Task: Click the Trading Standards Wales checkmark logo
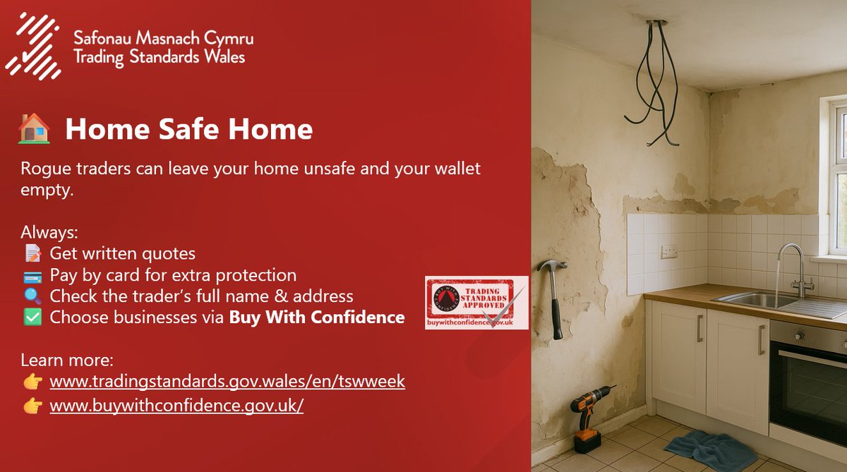pos(32,47)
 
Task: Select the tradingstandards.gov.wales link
pos(227,382)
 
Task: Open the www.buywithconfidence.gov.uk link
pos(176,407)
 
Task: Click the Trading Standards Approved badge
pos(476,302)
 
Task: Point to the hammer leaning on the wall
pos(553,296)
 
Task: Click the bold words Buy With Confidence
pos(316,317)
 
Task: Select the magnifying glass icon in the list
pos(32,296)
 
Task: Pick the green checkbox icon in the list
pos(32,317)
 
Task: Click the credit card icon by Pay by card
pos(32,275)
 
